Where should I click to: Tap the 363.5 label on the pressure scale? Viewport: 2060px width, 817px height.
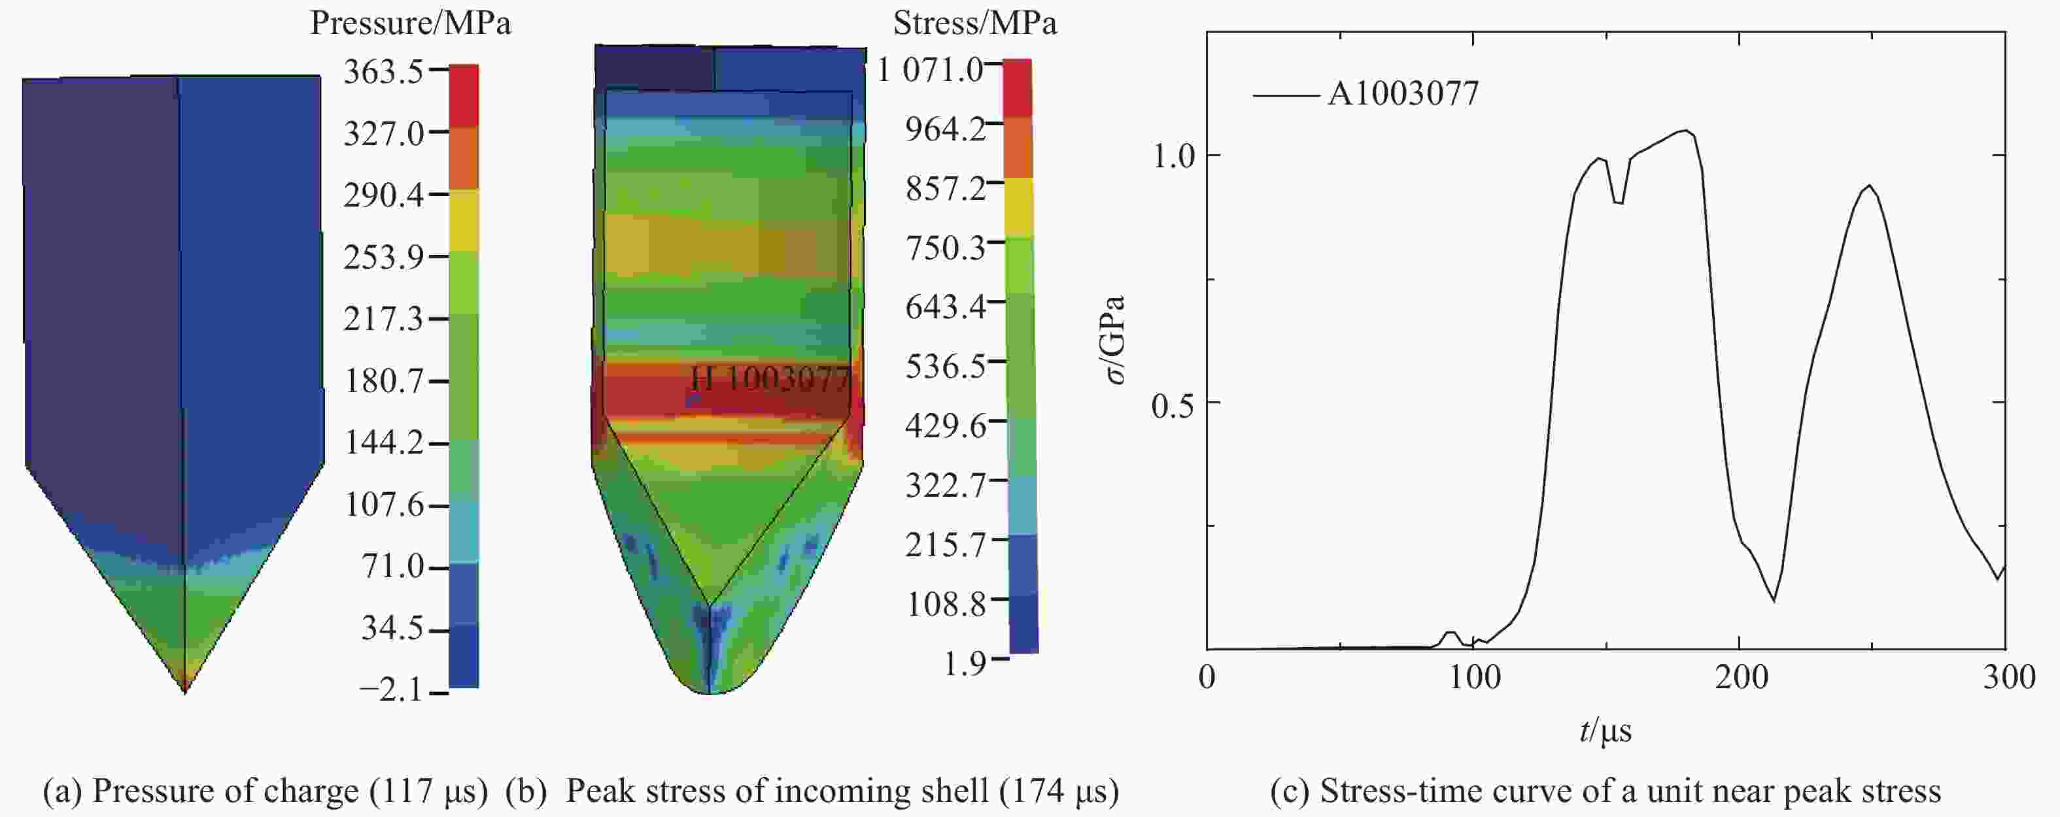(x=383, y=72)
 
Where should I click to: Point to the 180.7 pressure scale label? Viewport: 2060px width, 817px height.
(x=383, y=380)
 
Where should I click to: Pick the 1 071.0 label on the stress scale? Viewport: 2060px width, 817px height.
(x=930, y=71)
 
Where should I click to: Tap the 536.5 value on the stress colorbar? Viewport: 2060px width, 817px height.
(x=945, y=366)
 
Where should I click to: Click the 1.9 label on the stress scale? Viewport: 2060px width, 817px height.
(x=965, y=663)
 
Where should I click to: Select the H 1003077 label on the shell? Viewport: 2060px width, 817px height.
(x=769, y=378)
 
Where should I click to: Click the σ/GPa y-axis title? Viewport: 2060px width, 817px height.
(x=1116, y=339)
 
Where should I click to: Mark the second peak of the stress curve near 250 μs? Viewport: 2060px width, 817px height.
(x=1869, y=186)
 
